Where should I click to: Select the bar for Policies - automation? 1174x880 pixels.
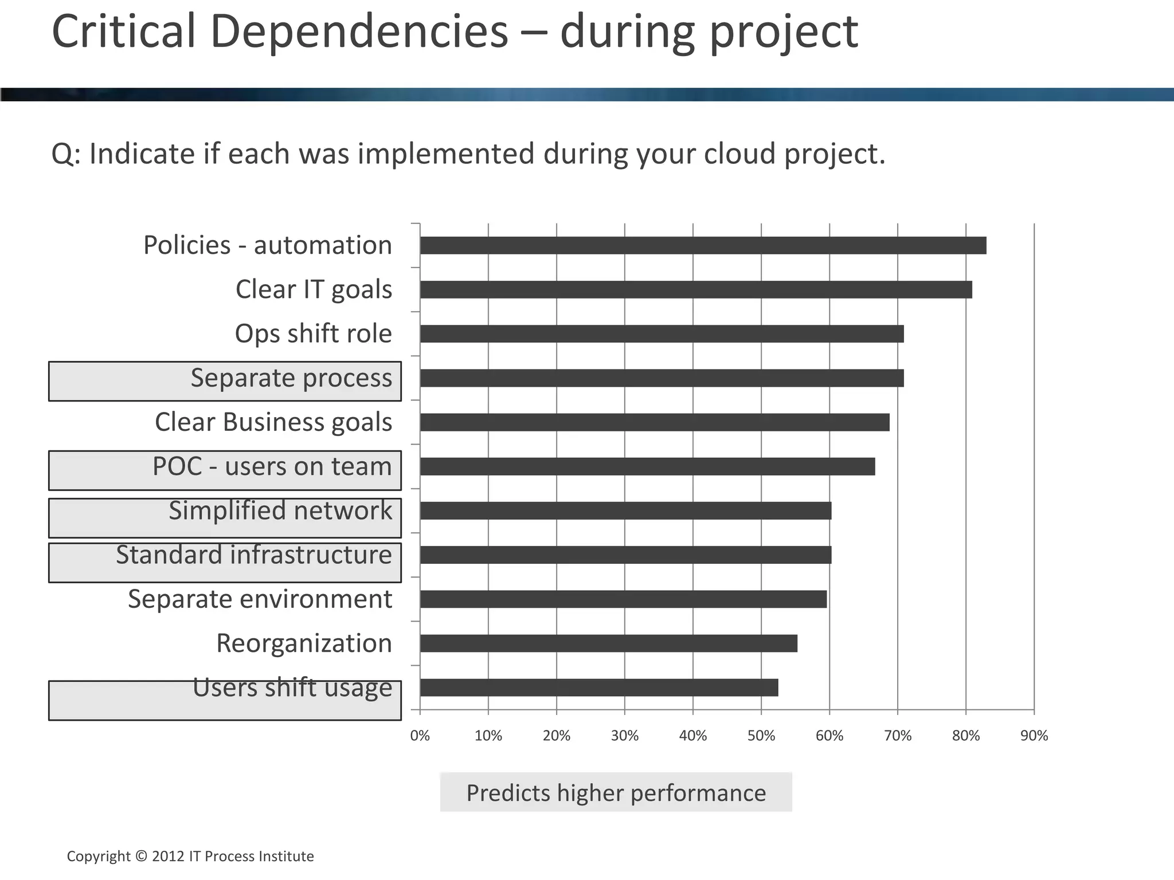(703, 245)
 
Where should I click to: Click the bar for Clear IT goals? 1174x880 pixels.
(696, 289)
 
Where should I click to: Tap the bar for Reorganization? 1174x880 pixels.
(608, 643)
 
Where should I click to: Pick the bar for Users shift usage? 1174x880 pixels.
(599, 687)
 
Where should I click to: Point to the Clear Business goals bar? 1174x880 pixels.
(655, 422)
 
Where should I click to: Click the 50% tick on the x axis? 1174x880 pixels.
(761, 736)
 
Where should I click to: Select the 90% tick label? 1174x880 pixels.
(1034, 736)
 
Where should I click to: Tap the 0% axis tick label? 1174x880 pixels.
(420, 736)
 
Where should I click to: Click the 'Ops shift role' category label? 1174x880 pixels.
(313, 333)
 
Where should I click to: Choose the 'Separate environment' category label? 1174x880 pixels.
(260, 599)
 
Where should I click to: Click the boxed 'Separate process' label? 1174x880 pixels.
(225, 381)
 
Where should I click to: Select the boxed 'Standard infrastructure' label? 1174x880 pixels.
(225, 562)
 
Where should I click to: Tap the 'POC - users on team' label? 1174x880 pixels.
(225, 470)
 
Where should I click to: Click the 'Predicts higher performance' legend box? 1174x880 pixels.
(616, 792)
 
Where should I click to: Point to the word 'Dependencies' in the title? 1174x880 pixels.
(359, 32)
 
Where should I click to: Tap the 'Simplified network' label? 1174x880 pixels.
(225, 517)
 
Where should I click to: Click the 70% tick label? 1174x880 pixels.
(898, 736)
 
